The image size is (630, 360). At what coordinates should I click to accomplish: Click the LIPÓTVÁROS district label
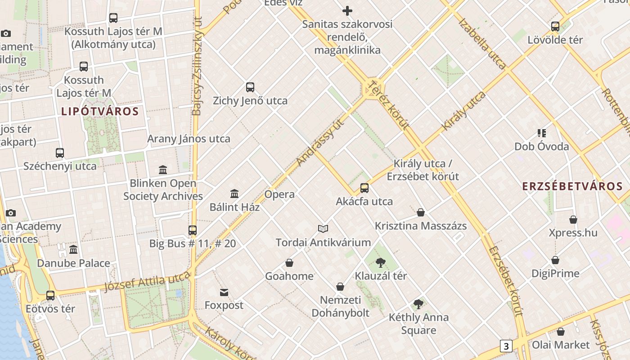tap(100, 111)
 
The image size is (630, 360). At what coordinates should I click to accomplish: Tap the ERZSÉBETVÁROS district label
tap(572, 186)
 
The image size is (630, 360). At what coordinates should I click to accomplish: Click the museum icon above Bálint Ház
tap(234, 194)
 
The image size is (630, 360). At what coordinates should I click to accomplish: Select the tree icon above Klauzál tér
tap(381, 263)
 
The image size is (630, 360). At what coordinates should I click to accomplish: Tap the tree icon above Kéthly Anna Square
tap(418, 304)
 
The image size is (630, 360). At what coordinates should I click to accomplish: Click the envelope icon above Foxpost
tap(224, 292)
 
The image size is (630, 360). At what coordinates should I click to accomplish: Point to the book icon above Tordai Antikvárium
tap(323, 229)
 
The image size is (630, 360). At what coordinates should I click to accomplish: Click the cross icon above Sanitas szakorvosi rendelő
tap(347, 11)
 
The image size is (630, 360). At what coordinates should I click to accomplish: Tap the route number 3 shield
tap(506, 346)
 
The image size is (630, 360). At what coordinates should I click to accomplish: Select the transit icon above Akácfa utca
tap(364, 188)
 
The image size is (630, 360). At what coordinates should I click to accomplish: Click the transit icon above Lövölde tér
tap(555, 27)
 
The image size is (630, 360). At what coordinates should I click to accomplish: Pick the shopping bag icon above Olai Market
tap(561, 332)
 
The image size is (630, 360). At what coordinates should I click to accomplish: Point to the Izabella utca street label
tap(482, 44)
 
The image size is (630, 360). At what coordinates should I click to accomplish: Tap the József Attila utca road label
tap(147, 282)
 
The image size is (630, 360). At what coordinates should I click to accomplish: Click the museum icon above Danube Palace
tap(73, 250)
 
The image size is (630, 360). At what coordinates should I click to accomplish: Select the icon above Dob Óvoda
tap(542, 133)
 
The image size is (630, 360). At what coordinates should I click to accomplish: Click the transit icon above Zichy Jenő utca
tap(250, 87)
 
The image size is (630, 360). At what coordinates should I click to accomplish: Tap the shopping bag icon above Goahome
tap(289, 263)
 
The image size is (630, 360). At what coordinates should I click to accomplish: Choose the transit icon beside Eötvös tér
tap(50, 296)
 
